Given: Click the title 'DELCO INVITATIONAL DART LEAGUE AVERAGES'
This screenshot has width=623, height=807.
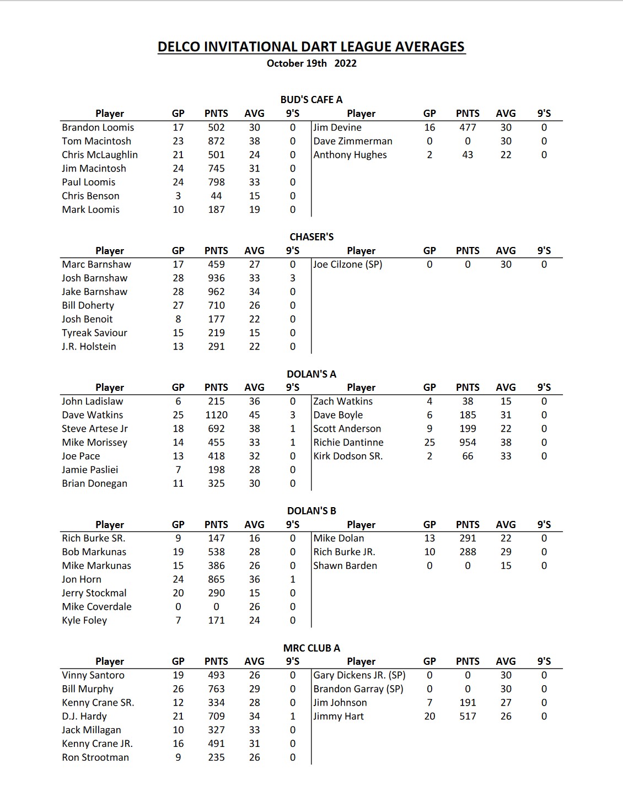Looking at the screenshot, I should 311,47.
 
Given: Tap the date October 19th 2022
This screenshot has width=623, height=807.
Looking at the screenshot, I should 311,63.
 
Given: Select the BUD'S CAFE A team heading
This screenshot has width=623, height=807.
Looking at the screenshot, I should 311,100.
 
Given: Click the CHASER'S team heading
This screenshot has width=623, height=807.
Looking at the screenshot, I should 311,237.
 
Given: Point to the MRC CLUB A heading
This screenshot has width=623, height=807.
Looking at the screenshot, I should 311,648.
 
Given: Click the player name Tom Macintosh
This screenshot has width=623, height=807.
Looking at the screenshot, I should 96,141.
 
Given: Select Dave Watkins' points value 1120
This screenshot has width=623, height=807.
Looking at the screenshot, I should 216,415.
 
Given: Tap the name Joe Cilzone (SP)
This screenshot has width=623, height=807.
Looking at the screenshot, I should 348,265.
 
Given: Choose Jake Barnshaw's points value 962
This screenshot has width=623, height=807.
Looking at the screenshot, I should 216,292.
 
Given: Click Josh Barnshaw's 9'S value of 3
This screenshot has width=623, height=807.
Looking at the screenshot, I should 293,278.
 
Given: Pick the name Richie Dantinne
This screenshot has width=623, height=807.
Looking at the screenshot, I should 348,443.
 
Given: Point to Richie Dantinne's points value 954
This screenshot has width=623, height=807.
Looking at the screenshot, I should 468,443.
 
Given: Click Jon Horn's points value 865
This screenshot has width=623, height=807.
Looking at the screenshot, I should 216,579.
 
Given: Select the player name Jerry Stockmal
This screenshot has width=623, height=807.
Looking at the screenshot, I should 94,593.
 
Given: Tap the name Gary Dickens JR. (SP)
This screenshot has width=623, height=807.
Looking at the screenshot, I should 359,675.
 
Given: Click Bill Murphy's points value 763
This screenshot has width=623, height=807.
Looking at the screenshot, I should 216,689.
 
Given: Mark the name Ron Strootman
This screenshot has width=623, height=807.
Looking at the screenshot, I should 95,757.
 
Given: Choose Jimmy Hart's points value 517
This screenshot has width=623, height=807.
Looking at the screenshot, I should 468,717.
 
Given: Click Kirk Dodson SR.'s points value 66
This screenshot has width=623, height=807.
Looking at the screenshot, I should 468,456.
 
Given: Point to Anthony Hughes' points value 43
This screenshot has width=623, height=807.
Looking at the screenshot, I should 468,155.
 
